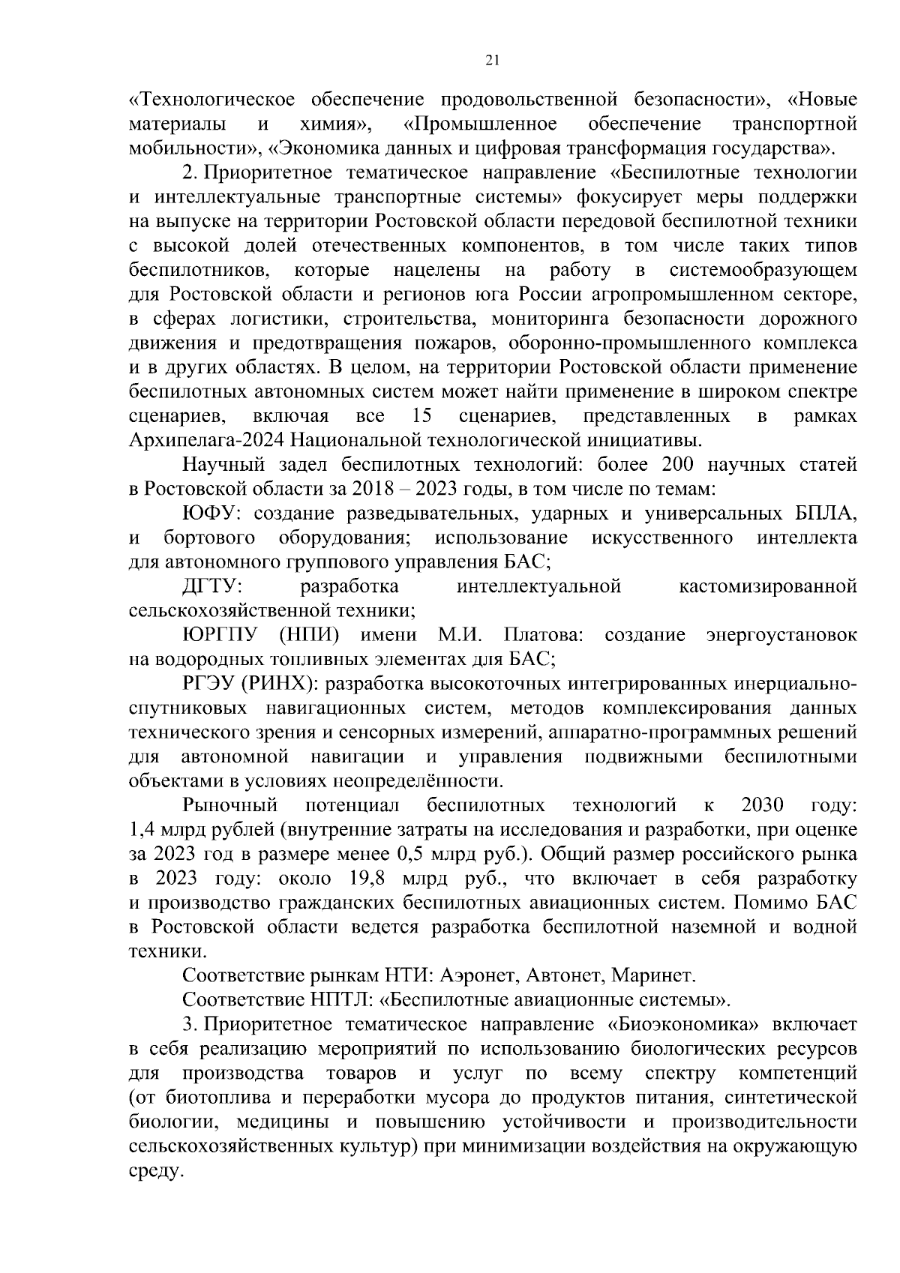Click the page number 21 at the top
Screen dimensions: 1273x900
click(492, 61)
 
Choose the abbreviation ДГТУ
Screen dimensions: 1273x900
click(212, 586)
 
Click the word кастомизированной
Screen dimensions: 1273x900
click(767, 586)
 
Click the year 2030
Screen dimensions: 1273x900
click(762, 805)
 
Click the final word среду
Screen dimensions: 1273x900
click(155, 1172)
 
